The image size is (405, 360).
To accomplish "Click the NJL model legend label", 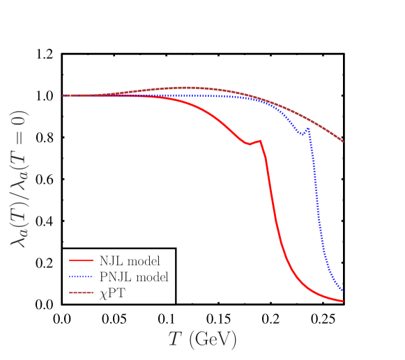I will click(x=130, y=261).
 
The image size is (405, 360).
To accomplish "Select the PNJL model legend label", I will click(x=134, y=277).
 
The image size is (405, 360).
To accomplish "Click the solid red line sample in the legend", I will click(x=81, y=261).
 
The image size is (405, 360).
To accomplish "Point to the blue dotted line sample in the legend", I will click(x=81, y=277).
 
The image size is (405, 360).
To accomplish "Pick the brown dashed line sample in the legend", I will click(x=81, y=293).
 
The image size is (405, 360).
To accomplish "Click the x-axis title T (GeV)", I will click(x=202, y=340).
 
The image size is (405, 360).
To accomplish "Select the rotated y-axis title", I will click(x=19, y=179).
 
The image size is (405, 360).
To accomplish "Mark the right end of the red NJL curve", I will click(x=343, y=302).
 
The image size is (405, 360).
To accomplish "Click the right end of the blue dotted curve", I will click(x=342, y=289).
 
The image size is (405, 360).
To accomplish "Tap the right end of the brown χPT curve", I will click(x=343, y=141).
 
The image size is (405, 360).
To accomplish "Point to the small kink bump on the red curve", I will click(x=260, y=141).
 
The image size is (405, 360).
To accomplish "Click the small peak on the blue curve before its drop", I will click(x=308, y=129).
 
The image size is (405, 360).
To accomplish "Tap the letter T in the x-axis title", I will click(x=175, y=339).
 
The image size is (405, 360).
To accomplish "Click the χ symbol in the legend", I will click(x=103, y=295).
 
